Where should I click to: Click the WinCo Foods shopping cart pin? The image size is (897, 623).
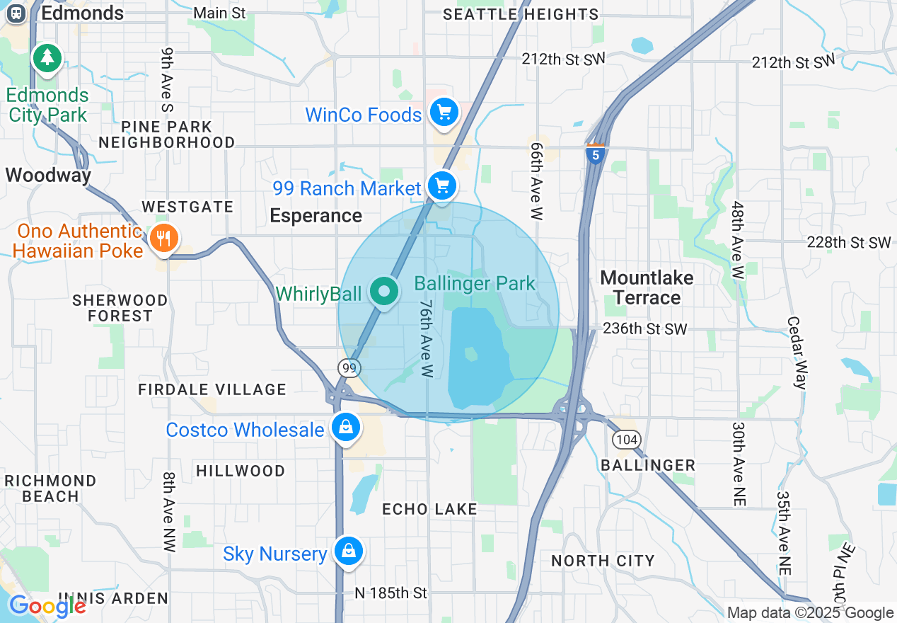444,113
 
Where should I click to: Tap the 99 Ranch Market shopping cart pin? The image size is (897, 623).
442,187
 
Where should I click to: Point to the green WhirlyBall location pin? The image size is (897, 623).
384,292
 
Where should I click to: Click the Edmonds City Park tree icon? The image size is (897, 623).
47,58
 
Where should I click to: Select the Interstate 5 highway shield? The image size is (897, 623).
596,154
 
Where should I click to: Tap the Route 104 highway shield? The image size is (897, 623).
627,440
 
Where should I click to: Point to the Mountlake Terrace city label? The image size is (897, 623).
647,287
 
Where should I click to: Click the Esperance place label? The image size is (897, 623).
316,215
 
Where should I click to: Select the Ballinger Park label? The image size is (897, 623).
475,284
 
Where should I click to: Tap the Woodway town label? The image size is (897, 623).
48,175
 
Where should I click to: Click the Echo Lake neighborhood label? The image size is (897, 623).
429,509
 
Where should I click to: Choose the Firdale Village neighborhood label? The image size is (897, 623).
212,389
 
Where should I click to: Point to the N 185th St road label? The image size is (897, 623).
390,593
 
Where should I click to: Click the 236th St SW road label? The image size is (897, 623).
644,329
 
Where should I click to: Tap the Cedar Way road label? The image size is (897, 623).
796,352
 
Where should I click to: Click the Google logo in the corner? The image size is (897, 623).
47,606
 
